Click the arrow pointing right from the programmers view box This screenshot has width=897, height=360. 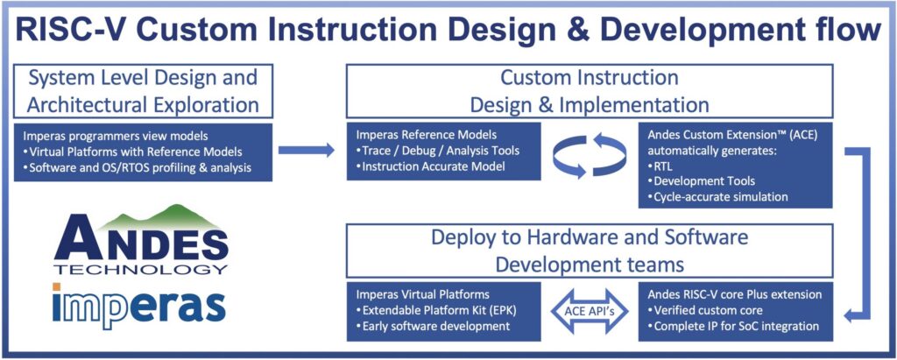[x=312, y=150]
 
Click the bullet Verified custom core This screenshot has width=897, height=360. [x=704, y=311]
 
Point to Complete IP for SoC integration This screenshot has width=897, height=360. [x=734, y=327]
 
